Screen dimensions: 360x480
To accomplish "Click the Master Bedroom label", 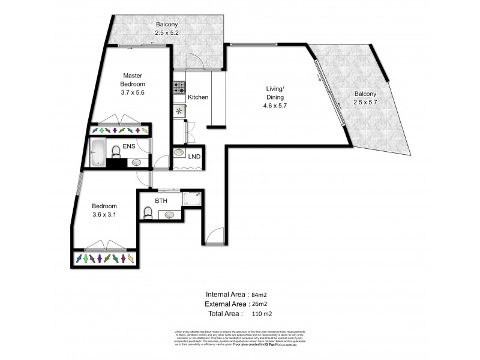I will point(132,80).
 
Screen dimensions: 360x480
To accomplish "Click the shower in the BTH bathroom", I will point(193,199).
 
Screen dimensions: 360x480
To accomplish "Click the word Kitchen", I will point(198,97).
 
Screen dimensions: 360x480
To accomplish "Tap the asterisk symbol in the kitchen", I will point(179,111).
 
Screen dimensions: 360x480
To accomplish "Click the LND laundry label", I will point(194,157).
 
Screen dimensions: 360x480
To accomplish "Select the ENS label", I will point(128,146).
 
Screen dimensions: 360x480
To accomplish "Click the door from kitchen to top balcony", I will point(194,60).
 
